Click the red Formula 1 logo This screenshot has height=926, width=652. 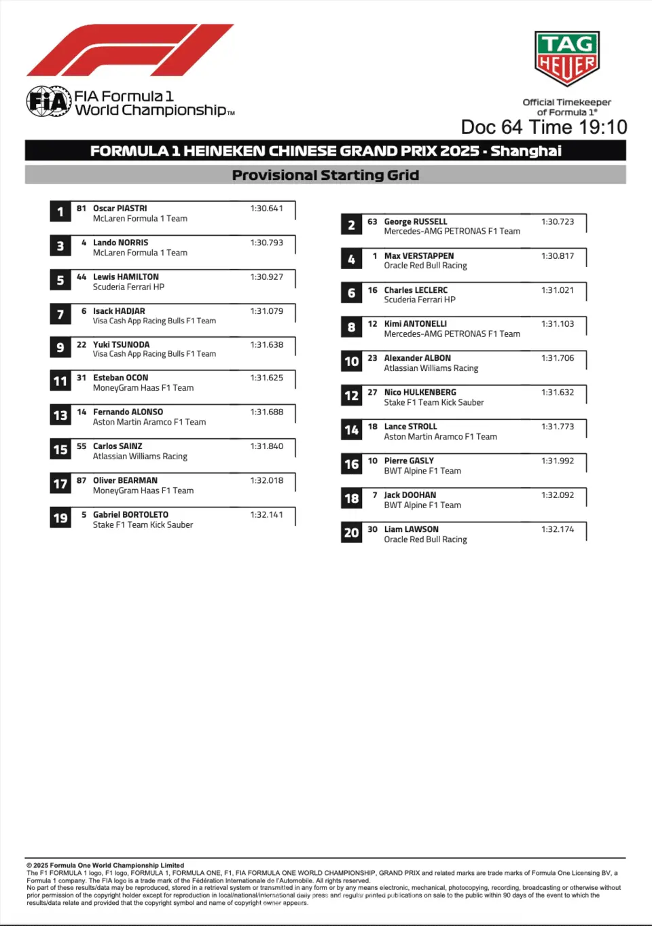[x=129, y=50]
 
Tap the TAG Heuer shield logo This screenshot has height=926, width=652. [x=566, y=58]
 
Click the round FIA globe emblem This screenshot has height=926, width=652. [x=49, y=102]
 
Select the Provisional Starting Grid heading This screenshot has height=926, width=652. [x=325, y=175]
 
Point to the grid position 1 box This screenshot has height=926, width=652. [x=60, y=212]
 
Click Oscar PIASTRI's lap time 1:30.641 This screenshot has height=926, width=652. [x=266, y=209]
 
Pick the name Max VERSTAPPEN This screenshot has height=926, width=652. [x=418, y=256]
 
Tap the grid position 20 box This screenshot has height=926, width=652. [x=351, y=533]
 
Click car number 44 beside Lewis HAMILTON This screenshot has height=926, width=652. [x=81, y=277]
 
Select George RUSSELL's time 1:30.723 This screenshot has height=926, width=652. [x=558, y=222]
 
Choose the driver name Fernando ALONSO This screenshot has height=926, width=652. [x=128, y=412]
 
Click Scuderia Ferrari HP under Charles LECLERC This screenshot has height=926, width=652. [x=420, y=300]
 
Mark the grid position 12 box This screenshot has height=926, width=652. [x=351, y=395]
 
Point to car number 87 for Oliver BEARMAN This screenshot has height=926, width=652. [x=81, y=480]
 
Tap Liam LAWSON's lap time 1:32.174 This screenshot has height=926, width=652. [x=558, y=529]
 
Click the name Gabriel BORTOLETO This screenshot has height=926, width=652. [x=130, y=515]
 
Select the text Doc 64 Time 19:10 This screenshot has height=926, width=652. [x=543, y=127]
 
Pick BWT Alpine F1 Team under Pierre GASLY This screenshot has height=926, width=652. [x=422, y=471]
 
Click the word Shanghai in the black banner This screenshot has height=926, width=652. [x=526, y=151]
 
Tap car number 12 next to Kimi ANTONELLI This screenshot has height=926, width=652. [x=372, y=324]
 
